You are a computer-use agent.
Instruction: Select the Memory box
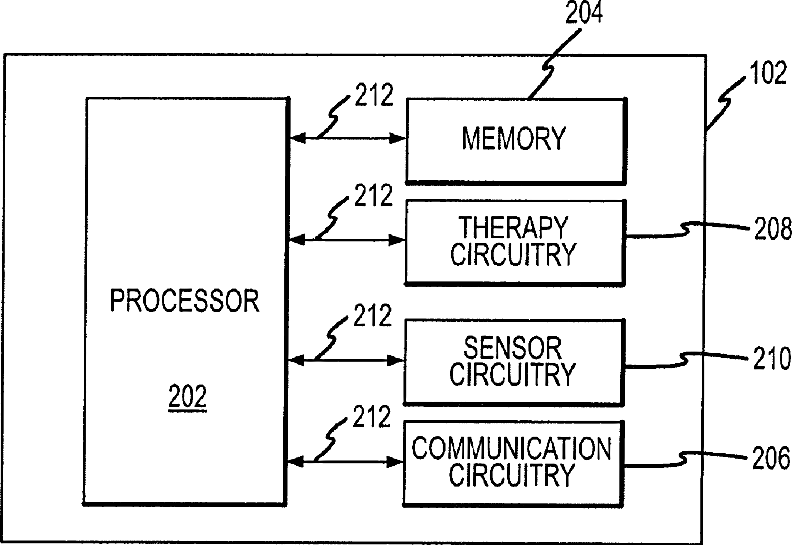coord(514,139)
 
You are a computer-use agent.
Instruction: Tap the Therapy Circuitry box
coord(514,241)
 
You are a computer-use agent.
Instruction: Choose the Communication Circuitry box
coord(512,462)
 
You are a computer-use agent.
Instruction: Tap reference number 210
coord(771,357)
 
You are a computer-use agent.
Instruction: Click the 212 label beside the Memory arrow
coord(374,96)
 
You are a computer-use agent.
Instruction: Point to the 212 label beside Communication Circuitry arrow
coord(374,416)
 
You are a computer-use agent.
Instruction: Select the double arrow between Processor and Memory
coord(345,139)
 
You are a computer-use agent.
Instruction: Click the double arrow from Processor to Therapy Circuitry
coord(345,239)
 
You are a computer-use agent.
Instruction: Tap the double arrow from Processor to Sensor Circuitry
coord(345,358)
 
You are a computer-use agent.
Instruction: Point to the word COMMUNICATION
coord(512,447)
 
